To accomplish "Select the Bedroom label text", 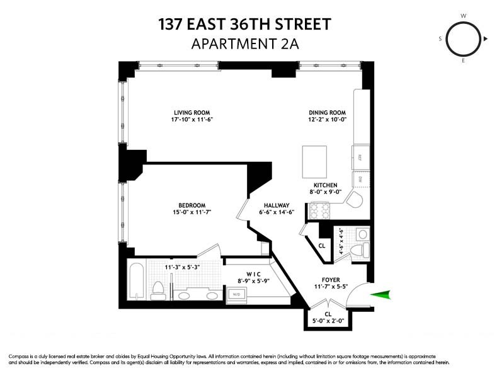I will (192, 205).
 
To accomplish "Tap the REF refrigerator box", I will (360, 157).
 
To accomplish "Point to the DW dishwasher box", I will (360, 180).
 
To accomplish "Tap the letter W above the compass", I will (463, 15).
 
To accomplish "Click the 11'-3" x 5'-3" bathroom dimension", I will (173, 266).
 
